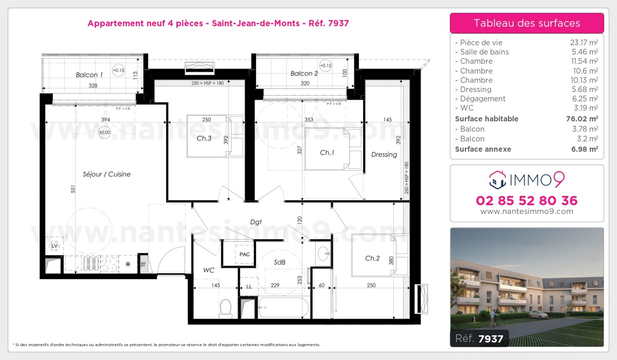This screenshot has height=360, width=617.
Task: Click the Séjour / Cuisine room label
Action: [x=106, y=174]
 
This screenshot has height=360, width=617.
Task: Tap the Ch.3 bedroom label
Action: [x=204, y=138]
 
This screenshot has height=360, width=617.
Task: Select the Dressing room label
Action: [x=384, y=154]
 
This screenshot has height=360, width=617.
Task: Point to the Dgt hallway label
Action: [x=256, y=222]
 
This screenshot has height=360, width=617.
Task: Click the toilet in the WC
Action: [x=225, y=309]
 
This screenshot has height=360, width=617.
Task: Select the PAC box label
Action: [x=245, y=255]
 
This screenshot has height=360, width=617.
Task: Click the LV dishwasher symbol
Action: [x=54, y=246]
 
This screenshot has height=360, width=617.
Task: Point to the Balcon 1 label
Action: [x=89, y=75]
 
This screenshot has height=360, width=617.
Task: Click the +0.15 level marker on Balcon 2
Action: [x=325, y=66]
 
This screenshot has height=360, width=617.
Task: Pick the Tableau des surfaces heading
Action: [x=527, y=23]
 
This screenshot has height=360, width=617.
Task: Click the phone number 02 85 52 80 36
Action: [x=527, y=201]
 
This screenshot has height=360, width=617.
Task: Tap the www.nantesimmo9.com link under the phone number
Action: [x=527, y=211]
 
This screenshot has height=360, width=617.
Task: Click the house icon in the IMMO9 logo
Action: [x=497, y=179]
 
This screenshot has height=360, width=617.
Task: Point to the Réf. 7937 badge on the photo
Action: [x=480, y=338]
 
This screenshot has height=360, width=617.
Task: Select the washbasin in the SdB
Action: [x=324, y=253]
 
